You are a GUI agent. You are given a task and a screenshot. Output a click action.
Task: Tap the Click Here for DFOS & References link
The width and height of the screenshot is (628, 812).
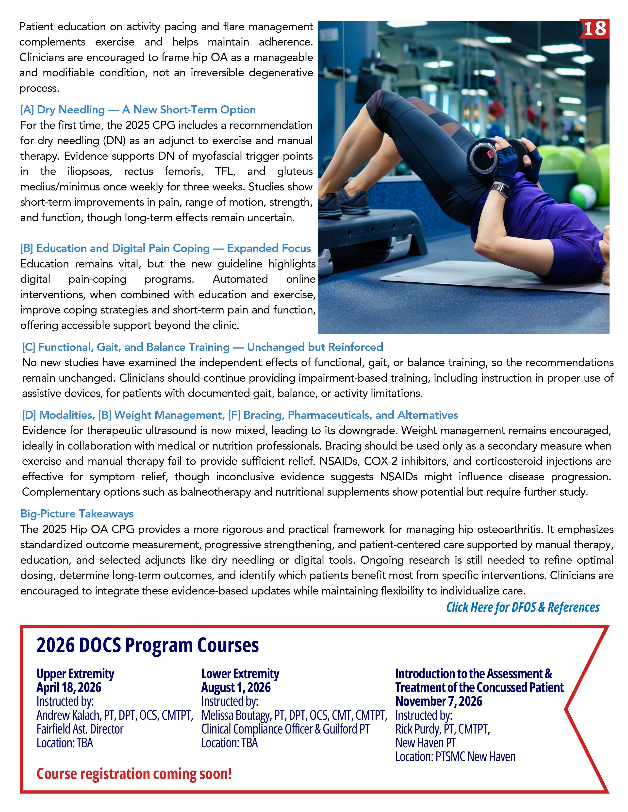(x=523, y=607)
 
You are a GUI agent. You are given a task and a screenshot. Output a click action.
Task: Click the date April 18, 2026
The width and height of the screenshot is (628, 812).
(x=69, y=687)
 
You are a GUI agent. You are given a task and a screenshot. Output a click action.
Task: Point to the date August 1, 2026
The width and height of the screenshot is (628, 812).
(x=236, y=687)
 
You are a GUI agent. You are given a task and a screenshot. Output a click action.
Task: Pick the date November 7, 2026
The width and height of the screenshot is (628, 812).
(x=439, y=701)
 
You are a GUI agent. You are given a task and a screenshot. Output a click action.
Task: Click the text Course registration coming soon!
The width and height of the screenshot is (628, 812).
(x=134, y=774)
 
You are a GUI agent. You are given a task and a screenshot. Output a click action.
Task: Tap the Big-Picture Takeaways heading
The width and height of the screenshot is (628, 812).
(x=77, y=514)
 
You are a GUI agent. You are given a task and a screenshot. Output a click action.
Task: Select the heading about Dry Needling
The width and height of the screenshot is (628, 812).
(x=138, y=110)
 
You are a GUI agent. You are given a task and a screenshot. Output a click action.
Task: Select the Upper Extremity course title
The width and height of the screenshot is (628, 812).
(x=75, y=674)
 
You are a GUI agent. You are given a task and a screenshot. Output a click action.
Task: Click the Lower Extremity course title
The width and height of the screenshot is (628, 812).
(x=240, y=674)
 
